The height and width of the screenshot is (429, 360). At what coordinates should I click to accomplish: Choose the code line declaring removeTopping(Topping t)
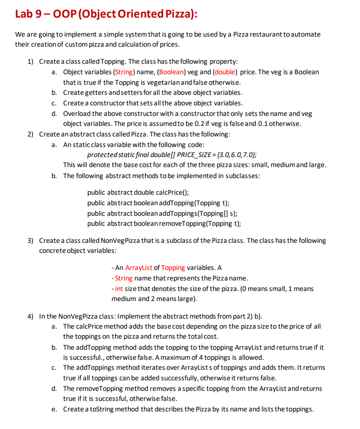[163, 224]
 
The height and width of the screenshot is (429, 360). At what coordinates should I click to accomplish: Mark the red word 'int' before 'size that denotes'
[119, 289]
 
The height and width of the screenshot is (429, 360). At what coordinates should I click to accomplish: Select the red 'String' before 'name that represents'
[123, 278]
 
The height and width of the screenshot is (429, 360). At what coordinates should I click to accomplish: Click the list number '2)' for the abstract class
[31, 134]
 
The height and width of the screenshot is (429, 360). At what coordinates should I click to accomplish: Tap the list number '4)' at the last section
[31, 317]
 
